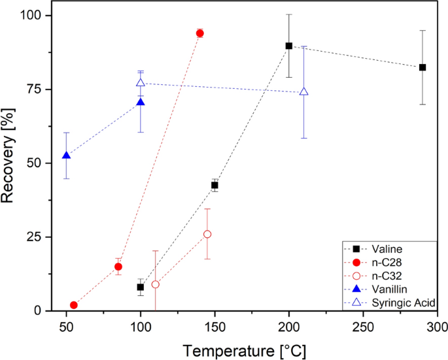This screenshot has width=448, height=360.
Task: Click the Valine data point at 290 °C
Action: pos(422,67)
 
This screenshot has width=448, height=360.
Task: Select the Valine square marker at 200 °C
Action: pos(288,46)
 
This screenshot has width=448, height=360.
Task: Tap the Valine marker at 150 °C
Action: pos(215,186)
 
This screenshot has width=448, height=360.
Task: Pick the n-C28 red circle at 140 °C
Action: pos(199,33)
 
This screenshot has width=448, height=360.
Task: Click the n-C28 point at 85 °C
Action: pos(118,267)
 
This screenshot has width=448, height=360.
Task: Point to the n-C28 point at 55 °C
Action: pos(74,305)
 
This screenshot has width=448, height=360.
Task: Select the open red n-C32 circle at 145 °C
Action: pos(207,234)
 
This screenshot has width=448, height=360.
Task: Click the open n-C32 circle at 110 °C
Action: pos(155,284)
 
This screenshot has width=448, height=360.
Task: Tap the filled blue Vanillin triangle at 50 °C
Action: pos(66,155)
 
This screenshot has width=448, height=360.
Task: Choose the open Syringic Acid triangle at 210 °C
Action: pos(303,91)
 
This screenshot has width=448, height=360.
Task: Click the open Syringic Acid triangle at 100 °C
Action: pos(141,83)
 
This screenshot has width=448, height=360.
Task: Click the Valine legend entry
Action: pos(387,248)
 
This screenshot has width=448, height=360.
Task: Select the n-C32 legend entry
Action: pos(387,276)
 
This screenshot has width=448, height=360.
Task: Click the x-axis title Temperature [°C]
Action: pos(244,350)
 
